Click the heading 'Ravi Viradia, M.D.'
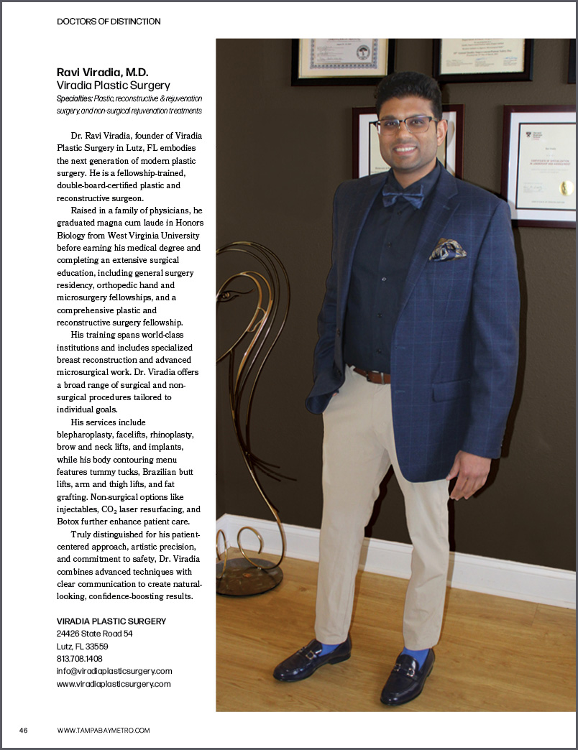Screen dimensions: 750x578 tap(102, 73)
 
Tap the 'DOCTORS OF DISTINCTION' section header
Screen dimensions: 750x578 tap(109, 22)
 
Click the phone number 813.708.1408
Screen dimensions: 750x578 tap(79, 658)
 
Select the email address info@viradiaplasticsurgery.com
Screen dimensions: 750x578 tap(114, 671)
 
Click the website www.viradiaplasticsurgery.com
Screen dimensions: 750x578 tap(114, 684)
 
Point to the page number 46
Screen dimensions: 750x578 tap(24, 730)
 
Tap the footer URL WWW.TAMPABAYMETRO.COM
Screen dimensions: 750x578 tap(104, 730)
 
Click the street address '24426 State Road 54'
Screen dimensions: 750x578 tap(94, 634)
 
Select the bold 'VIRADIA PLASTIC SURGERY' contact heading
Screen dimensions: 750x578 tap(111, 621)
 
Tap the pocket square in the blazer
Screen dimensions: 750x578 tap(447, 250)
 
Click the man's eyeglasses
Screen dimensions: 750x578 tap(405, 124)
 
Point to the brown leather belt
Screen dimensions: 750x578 tap(371, 376)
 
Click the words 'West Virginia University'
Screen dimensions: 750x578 tap(155, 235)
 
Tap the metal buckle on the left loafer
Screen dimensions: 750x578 tap(312, 655)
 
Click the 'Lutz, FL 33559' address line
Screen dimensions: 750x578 tap(82, 646)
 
